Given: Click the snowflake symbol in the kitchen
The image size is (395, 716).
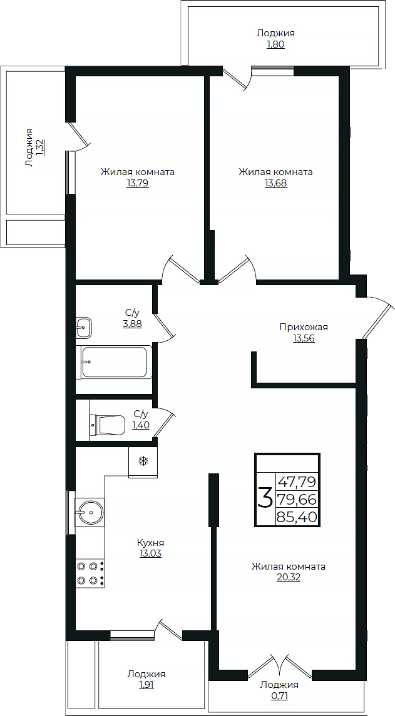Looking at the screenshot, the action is coord(143,461).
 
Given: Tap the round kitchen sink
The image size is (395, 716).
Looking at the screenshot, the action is coord(90,512).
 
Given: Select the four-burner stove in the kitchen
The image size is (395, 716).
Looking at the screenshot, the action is coord(90,573).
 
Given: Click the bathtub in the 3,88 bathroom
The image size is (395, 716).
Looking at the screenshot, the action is coord(116,361).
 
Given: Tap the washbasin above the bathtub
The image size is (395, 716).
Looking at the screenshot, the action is coord(84,327).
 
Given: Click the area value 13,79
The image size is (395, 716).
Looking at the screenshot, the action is coord(138,184).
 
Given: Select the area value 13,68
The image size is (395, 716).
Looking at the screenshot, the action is coord(275,184).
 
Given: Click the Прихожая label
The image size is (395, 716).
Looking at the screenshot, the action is coord(304,327).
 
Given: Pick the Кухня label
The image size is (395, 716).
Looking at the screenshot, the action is coord(150,543).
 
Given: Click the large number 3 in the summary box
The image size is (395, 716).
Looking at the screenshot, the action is coord(265,498).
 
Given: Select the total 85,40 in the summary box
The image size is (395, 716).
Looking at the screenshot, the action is coord(297,517).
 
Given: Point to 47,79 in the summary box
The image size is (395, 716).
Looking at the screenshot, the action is coord(297,482).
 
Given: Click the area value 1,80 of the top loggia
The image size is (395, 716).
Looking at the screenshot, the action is coord(275,45).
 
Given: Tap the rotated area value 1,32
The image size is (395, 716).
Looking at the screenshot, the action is coord(40,148).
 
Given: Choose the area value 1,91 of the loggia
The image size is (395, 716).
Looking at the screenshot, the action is coord(146,685).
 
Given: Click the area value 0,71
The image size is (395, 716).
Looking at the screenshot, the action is coord(279,696).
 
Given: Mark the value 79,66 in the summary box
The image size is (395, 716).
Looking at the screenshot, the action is coord(297,500).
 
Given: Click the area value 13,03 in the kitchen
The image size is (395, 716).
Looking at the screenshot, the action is coord(150,554).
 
